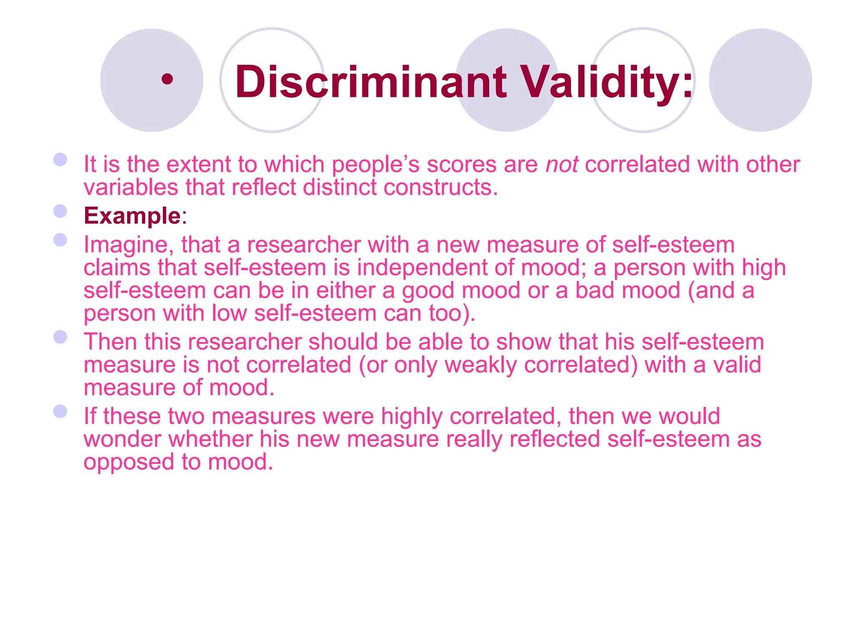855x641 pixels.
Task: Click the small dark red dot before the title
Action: point(167,79)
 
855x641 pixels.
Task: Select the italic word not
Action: point(562,164)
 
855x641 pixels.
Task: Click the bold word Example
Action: point(132,216)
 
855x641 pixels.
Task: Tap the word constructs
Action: point(440,187)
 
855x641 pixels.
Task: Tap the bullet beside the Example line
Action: point(61,211)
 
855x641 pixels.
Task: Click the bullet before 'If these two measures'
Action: point(61,411)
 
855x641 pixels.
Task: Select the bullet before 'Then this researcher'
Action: point(61,337)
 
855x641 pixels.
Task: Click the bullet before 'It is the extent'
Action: point(61,159)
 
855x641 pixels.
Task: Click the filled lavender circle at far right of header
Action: point(760,80)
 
